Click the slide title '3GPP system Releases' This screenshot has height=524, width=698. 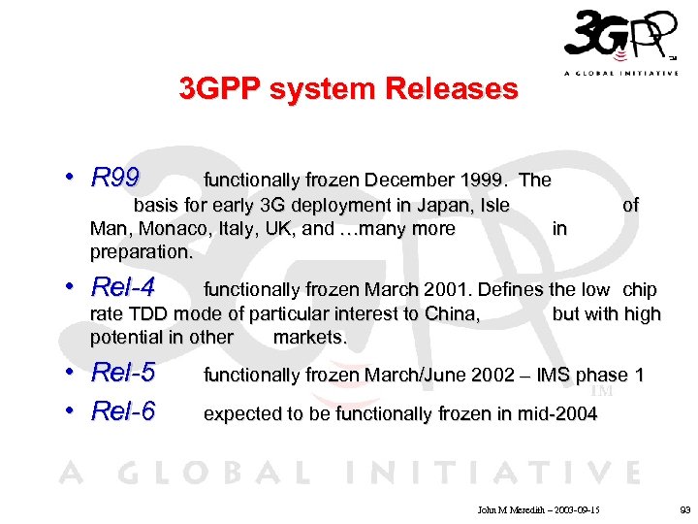tap(348, 89)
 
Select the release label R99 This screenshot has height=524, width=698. tap(114, 179)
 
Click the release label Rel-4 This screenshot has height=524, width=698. tap(122, 288)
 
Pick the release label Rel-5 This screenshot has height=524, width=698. tap(122, 374)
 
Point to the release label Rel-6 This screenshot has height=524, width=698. tap(122, 411)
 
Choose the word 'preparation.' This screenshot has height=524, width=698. tap(142, 252)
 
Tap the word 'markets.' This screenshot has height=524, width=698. tap(310, 338)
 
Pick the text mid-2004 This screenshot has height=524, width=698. tap(557, 414)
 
